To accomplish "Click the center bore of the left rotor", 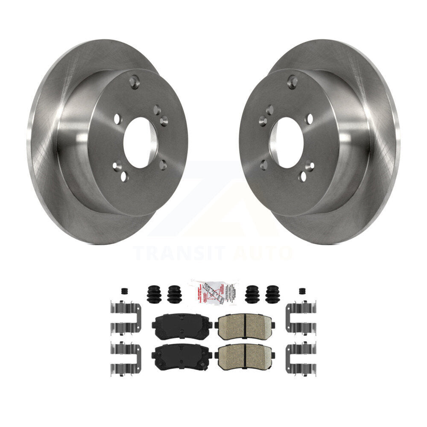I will point(140,143).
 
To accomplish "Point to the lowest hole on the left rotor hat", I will point(124,176).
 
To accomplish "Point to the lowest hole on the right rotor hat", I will point(303,176).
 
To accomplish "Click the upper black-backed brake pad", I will point(182,326).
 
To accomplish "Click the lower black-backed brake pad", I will point(182,353).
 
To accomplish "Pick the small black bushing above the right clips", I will point(302,291).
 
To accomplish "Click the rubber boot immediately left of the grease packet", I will point(174,294).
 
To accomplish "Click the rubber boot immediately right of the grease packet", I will point(252,294).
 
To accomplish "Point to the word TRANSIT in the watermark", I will point(179,253).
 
